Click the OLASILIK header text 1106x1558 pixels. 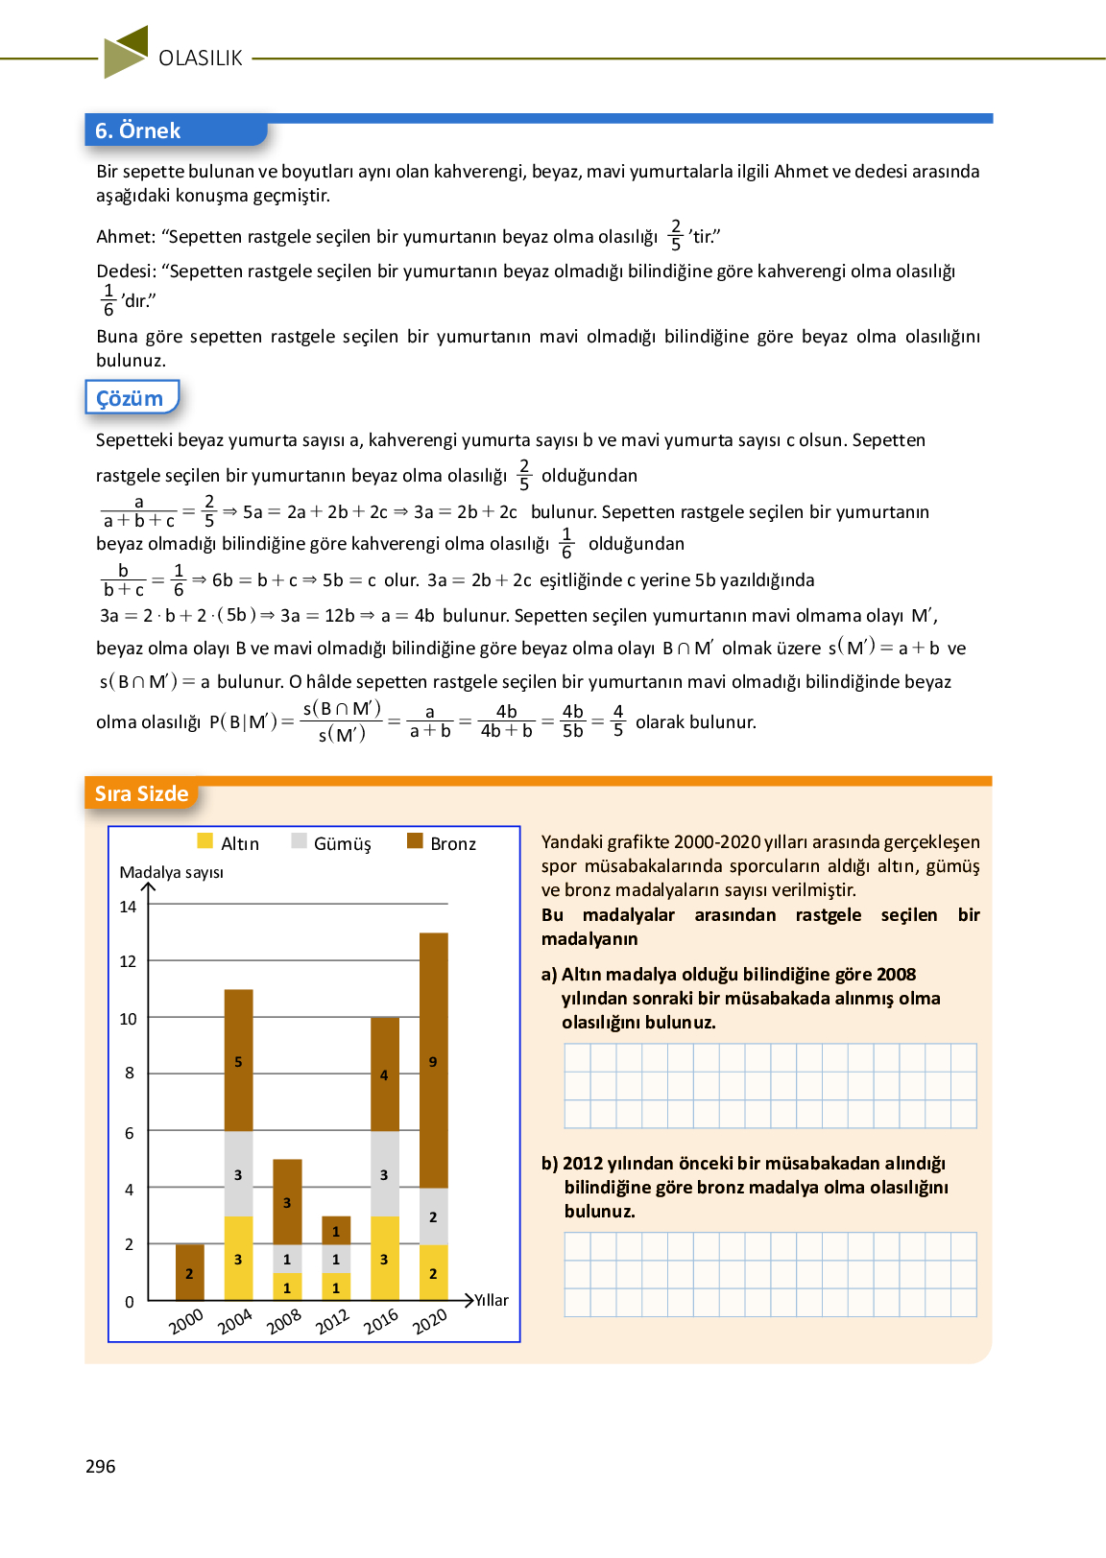[x=201, y=59]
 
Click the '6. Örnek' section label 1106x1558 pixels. [x=138, y=130]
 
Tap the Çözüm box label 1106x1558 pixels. [x=131, y=398]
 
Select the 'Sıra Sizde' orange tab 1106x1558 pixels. [x=141, y=794]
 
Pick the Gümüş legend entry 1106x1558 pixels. [x=331, y=843]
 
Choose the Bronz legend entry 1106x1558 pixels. [x=442, y=843]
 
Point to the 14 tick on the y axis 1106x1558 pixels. [x=128, y=907]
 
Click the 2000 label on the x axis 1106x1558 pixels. [x=186, y=1321]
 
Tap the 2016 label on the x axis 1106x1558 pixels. [x=381, y=1321]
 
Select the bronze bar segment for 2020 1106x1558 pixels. [x=434, y=1060]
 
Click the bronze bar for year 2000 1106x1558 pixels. [x=190, y=1272]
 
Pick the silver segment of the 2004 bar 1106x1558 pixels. [x=239, y=1173]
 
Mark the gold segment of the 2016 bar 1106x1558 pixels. [x=385, y=1258]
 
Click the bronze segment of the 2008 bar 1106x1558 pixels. [x=287, y=1201]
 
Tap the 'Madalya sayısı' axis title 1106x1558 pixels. [x=171, y=872]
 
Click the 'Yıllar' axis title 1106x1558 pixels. [x=492, y=1300]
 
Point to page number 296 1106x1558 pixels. [x=100, y=1466]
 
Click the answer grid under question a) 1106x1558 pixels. [x=770, y=1086]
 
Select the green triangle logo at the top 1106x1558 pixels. [x=126, y=52]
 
